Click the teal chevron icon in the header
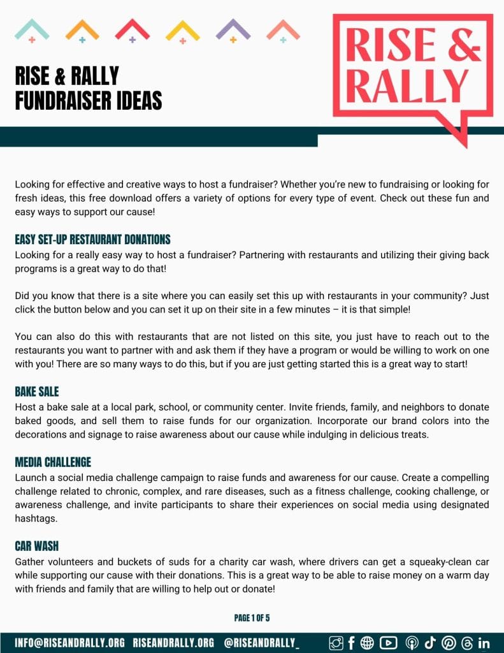(x=32, y=30)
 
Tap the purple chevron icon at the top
(x=233, y=30)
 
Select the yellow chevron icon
(x=182, y=30)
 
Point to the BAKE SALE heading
(x=37, y=392)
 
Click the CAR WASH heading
(x=37, y=547)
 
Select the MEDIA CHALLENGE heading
(x=53, y=462)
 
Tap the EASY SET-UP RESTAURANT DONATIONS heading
(x=92, y=240)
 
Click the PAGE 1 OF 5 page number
(x=252, y=618)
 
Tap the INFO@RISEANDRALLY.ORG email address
(x=69, y=643)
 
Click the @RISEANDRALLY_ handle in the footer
(x=262, y=643)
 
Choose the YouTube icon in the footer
(x=388, y=643)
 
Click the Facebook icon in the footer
(x=352, y=643)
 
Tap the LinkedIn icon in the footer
(x=484, y=643)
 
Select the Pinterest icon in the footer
(x=448, y=643)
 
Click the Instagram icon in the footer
(x=336, y=643)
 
